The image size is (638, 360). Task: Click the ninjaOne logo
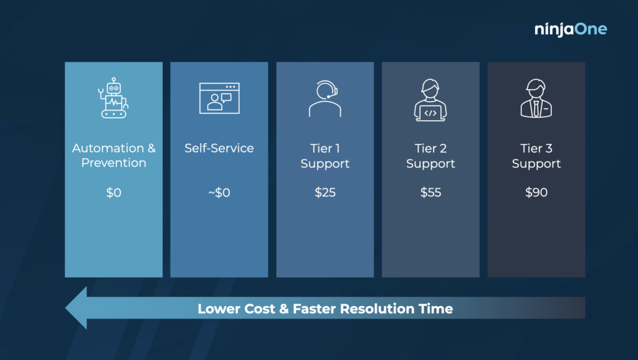tap(570, 29)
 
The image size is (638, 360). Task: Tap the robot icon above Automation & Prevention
tap(113, 98)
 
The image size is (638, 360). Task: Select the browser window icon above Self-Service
tap(219, 98)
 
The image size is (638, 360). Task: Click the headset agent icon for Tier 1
tap(325, 99)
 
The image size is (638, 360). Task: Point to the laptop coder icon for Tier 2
tap(430, 100)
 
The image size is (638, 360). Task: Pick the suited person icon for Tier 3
tap(536, 98)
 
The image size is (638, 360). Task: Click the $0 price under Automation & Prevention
tap(113, 192)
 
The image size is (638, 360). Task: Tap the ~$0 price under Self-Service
tap(219, 192)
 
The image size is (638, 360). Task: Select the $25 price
tap(325, 192)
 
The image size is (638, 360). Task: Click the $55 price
tap(430, 192)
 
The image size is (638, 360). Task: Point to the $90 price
tap(536, 192)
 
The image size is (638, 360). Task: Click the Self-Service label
tap(219, 148)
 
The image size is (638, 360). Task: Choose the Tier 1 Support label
tap(325, 156)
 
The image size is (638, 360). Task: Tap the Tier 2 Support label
tap(430, 156)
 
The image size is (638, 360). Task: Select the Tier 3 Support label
tap(536, 156)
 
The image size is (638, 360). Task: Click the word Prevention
tap(113, 163)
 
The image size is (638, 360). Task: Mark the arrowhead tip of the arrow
tap(66, 308)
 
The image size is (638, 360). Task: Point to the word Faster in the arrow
tap(314, 309)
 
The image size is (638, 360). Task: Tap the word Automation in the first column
tap(108, 148)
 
